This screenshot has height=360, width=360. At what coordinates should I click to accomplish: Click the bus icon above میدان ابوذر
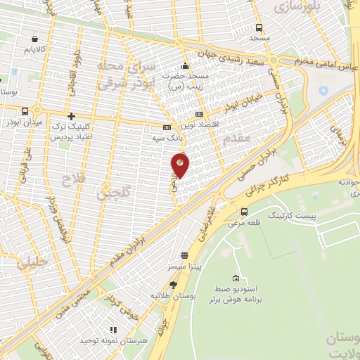coord(26,110)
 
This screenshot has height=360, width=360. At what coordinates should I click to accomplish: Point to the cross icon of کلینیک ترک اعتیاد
coord(70,115)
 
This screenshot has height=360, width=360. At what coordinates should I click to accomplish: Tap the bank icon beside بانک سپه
coord(166,127)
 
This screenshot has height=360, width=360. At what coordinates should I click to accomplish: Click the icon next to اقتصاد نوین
coord(199,113)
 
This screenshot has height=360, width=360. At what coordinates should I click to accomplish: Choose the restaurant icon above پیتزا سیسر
coord(184,255)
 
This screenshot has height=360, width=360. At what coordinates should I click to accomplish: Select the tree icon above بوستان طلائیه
coord(173,284)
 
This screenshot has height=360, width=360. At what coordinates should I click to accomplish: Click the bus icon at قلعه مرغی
coord(244,212)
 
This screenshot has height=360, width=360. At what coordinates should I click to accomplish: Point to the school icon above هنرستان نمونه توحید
coord(112,328)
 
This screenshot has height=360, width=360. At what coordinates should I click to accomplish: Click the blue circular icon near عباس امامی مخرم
coord(323,90)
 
